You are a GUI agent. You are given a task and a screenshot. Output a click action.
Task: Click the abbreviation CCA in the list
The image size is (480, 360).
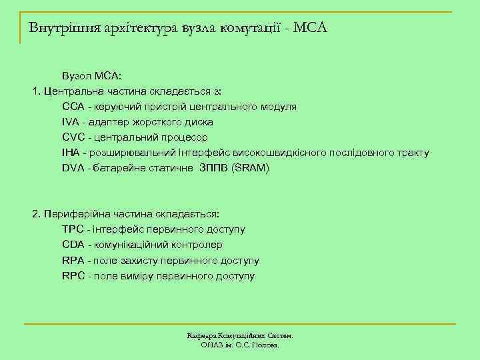point(73,107)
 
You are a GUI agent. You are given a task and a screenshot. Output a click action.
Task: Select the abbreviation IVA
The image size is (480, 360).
point(71,122)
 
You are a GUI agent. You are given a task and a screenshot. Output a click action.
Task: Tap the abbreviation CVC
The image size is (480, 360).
point(73,137)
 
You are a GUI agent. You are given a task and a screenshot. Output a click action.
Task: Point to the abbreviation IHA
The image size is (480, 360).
point(71,153)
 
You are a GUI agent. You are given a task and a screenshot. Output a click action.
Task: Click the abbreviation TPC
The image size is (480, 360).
point(73,229)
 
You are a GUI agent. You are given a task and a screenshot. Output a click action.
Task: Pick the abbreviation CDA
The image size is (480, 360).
point(73,245)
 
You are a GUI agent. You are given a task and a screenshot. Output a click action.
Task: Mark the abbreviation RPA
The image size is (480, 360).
point(73,260)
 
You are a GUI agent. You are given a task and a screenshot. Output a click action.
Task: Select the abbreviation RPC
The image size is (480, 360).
point(73,275)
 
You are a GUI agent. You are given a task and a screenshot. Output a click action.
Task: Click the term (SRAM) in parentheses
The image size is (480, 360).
point(249,168)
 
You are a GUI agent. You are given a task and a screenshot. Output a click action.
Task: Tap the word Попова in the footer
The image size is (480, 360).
point(266,345)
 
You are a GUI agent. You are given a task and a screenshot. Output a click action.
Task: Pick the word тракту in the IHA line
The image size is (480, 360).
point(413,153)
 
